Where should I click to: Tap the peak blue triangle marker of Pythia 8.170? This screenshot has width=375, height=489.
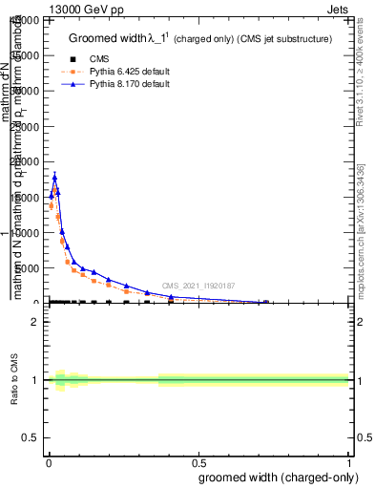click(54, 177)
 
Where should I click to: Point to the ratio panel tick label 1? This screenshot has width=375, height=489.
click(35, 380)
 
